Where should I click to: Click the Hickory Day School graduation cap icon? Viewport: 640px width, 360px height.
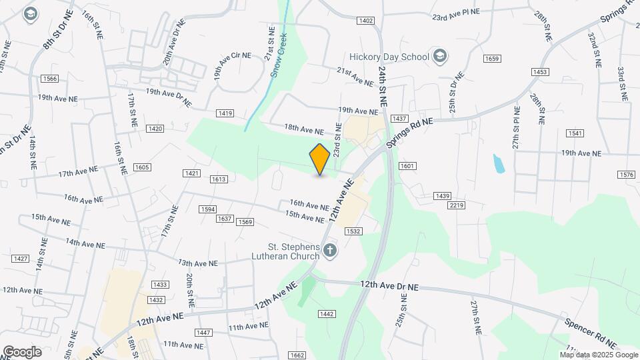(439, 55)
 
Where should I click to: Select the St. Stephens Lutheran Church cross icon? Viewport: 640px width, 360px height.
(330, 251)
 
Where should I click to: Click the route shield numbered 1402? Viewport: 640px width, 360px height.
(365, 21)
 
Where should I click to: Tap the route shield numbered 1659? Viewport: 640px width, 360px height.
(492, 59)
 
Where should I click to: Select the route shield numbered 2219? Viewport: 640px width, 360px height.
(456, 205)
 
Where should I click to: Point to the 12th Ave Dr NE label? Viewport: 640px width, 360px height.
(389, 285)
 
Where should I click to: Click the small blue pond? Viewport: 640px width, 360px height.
(498, 163)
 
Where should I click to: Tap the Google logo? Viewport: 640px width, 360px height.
(21, 351)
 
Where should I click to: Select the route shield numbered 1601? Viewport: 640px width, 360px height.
(407, 165)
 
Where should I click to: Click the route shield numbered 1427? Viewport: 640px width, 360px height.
(21, 259)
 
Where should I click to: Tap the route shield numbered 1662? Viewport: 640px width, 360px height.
(297, 355)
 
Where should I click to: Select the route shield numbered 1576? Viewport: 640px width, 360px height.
(626, 175)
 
